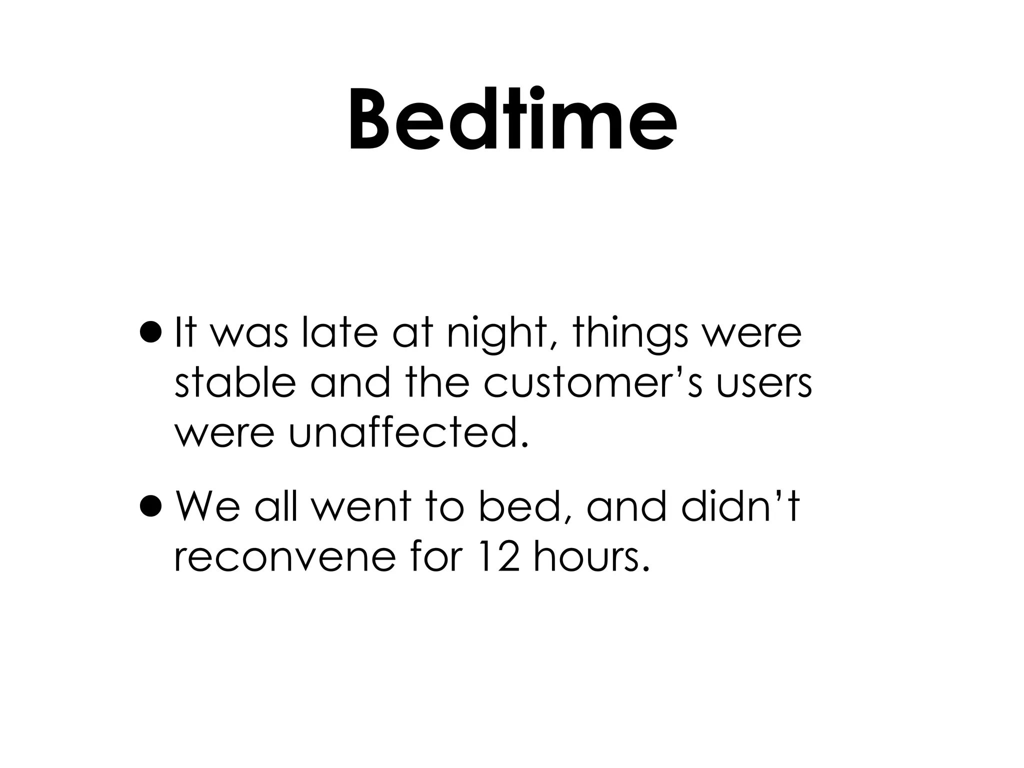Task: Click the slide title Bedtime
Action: [512, 120]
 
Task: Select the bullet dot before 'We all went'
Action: [151, 506]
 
